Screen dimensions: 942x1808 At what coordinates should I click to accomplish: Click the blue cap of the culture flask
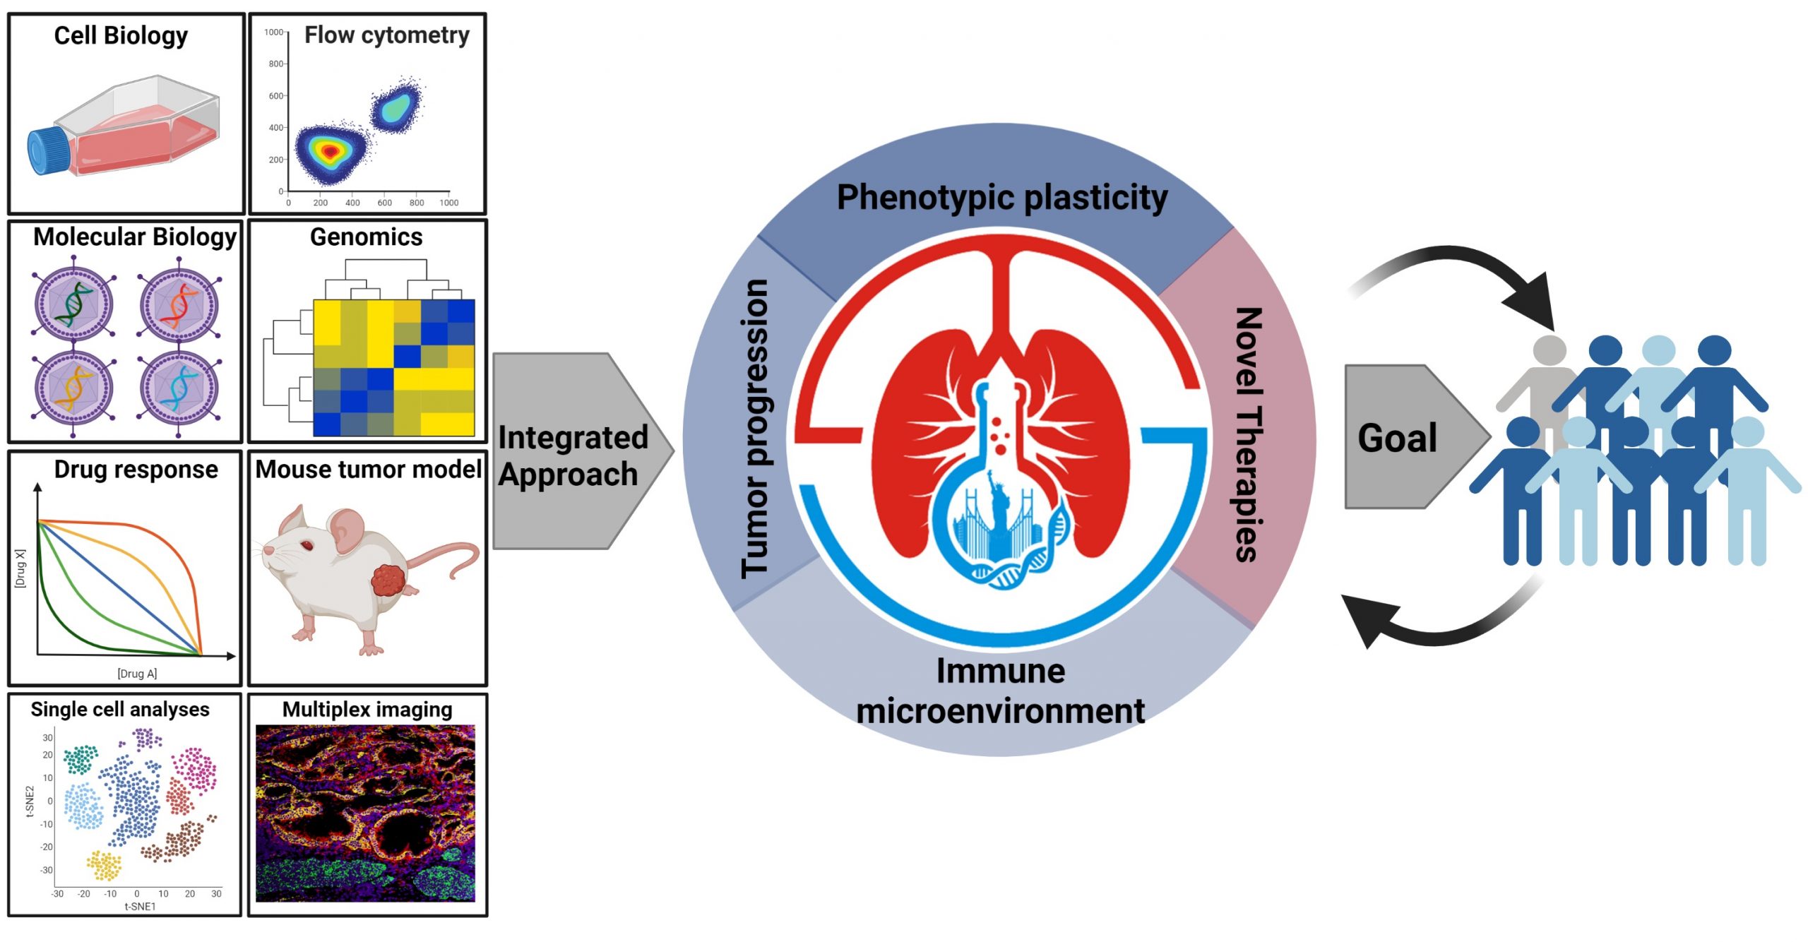48,150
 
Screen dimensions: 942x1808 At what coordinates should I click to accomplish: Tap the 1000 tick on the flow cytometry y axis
274,32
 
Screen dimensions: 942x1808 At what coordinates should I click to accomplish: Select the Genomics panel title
366,237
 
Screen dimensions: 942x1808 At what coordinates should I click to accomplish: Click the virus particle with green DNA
73,304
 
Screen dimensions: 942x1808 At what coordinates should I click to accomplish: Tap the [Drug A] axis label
137,674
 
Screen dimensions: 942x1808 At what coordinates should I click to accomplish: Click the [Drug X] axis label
20,568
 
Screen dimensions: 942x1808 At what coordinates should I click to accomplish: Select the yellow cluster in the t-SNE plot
105,866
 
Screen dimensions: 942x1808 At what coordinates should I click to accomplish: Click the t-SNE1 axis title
140,907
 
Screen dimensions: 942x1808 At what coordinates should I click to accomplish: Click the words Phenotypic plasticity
1001,198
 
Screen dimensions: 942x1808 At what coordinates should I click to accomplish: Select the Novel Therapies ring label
1247,434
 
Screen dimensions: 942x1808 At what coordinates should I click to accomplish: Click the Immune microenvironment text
1000,691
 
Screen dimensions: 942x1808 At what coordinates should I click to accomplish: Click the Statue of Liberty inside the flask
998,501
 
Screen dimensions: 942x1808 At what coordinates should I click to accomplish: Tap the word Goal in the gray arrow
1397,438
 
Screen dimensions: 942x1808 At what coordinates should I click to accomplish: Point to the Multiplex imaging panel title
367,710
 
